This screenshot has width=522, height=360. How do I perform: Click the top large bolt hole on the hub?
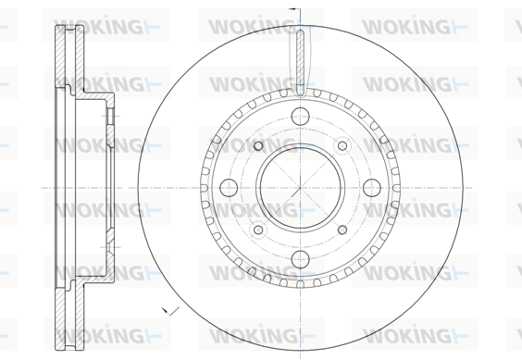[x=300, y=117]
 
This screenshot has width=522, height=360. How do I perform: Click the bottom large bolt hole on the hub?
[x=300, y=259]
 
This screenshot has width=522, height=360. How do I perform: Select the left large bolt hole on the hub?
[x=229, y=188]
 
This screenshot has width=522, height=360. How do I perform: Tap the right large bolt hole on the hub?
[x=372, y=188]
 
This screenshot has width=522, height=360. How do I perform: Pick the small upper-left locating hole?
[x=258, y=145]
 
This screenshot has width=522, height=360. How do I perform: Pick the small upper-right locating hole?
[x=342, y=145]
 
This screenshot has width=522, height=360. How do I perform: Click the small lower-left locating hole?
[x=258, y=230]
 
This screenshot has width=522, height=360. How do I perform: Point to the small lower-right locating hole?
[x=342, y=230]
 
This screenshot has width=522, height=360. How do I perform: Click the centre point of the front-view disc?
[x=300, y=188]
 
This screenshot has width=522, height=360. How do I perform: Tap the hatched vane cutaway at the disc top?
[x=300, y=62]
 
